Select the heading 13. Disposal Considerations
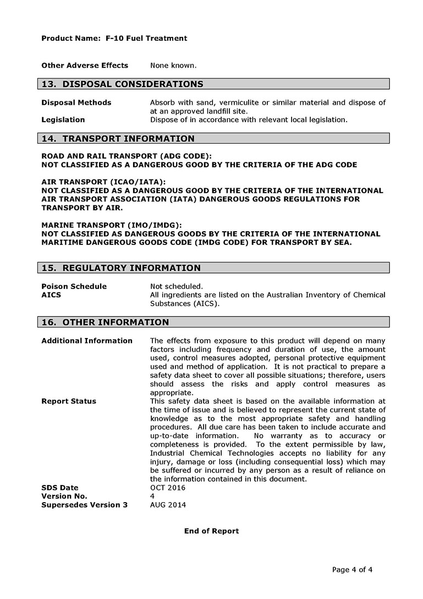click(x=122, y=84)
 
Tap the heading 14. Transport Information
click(x=118, y=139)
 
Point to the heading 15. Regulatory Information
click(x=121, y=268)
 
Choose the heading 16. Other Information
click(x=105, y=322)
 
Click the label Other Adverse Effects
click(x=85, y=66)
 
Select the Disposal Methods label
click(x=76, y=103)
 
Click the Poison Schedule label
click(x=74, y=286)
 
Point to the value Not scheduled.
click(x=177, y=286)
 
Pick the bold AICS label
click(x=51, y=295)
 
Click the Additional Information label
click(x=87, y=341)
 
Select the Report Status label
click(x=69, y=401)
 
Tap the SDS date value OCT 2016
click(x=168, y=488)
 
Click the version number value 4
click(x=152, y=496)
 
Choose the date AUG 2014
click(x=168, y=505)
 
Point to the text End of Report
click(x=211, y=531)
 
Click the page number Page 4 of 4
click(x=352, y=570)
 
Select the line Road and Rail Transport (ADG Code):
click(x=127, y=156)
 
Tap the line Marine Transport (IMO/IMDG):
click(x=112, y=225)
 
